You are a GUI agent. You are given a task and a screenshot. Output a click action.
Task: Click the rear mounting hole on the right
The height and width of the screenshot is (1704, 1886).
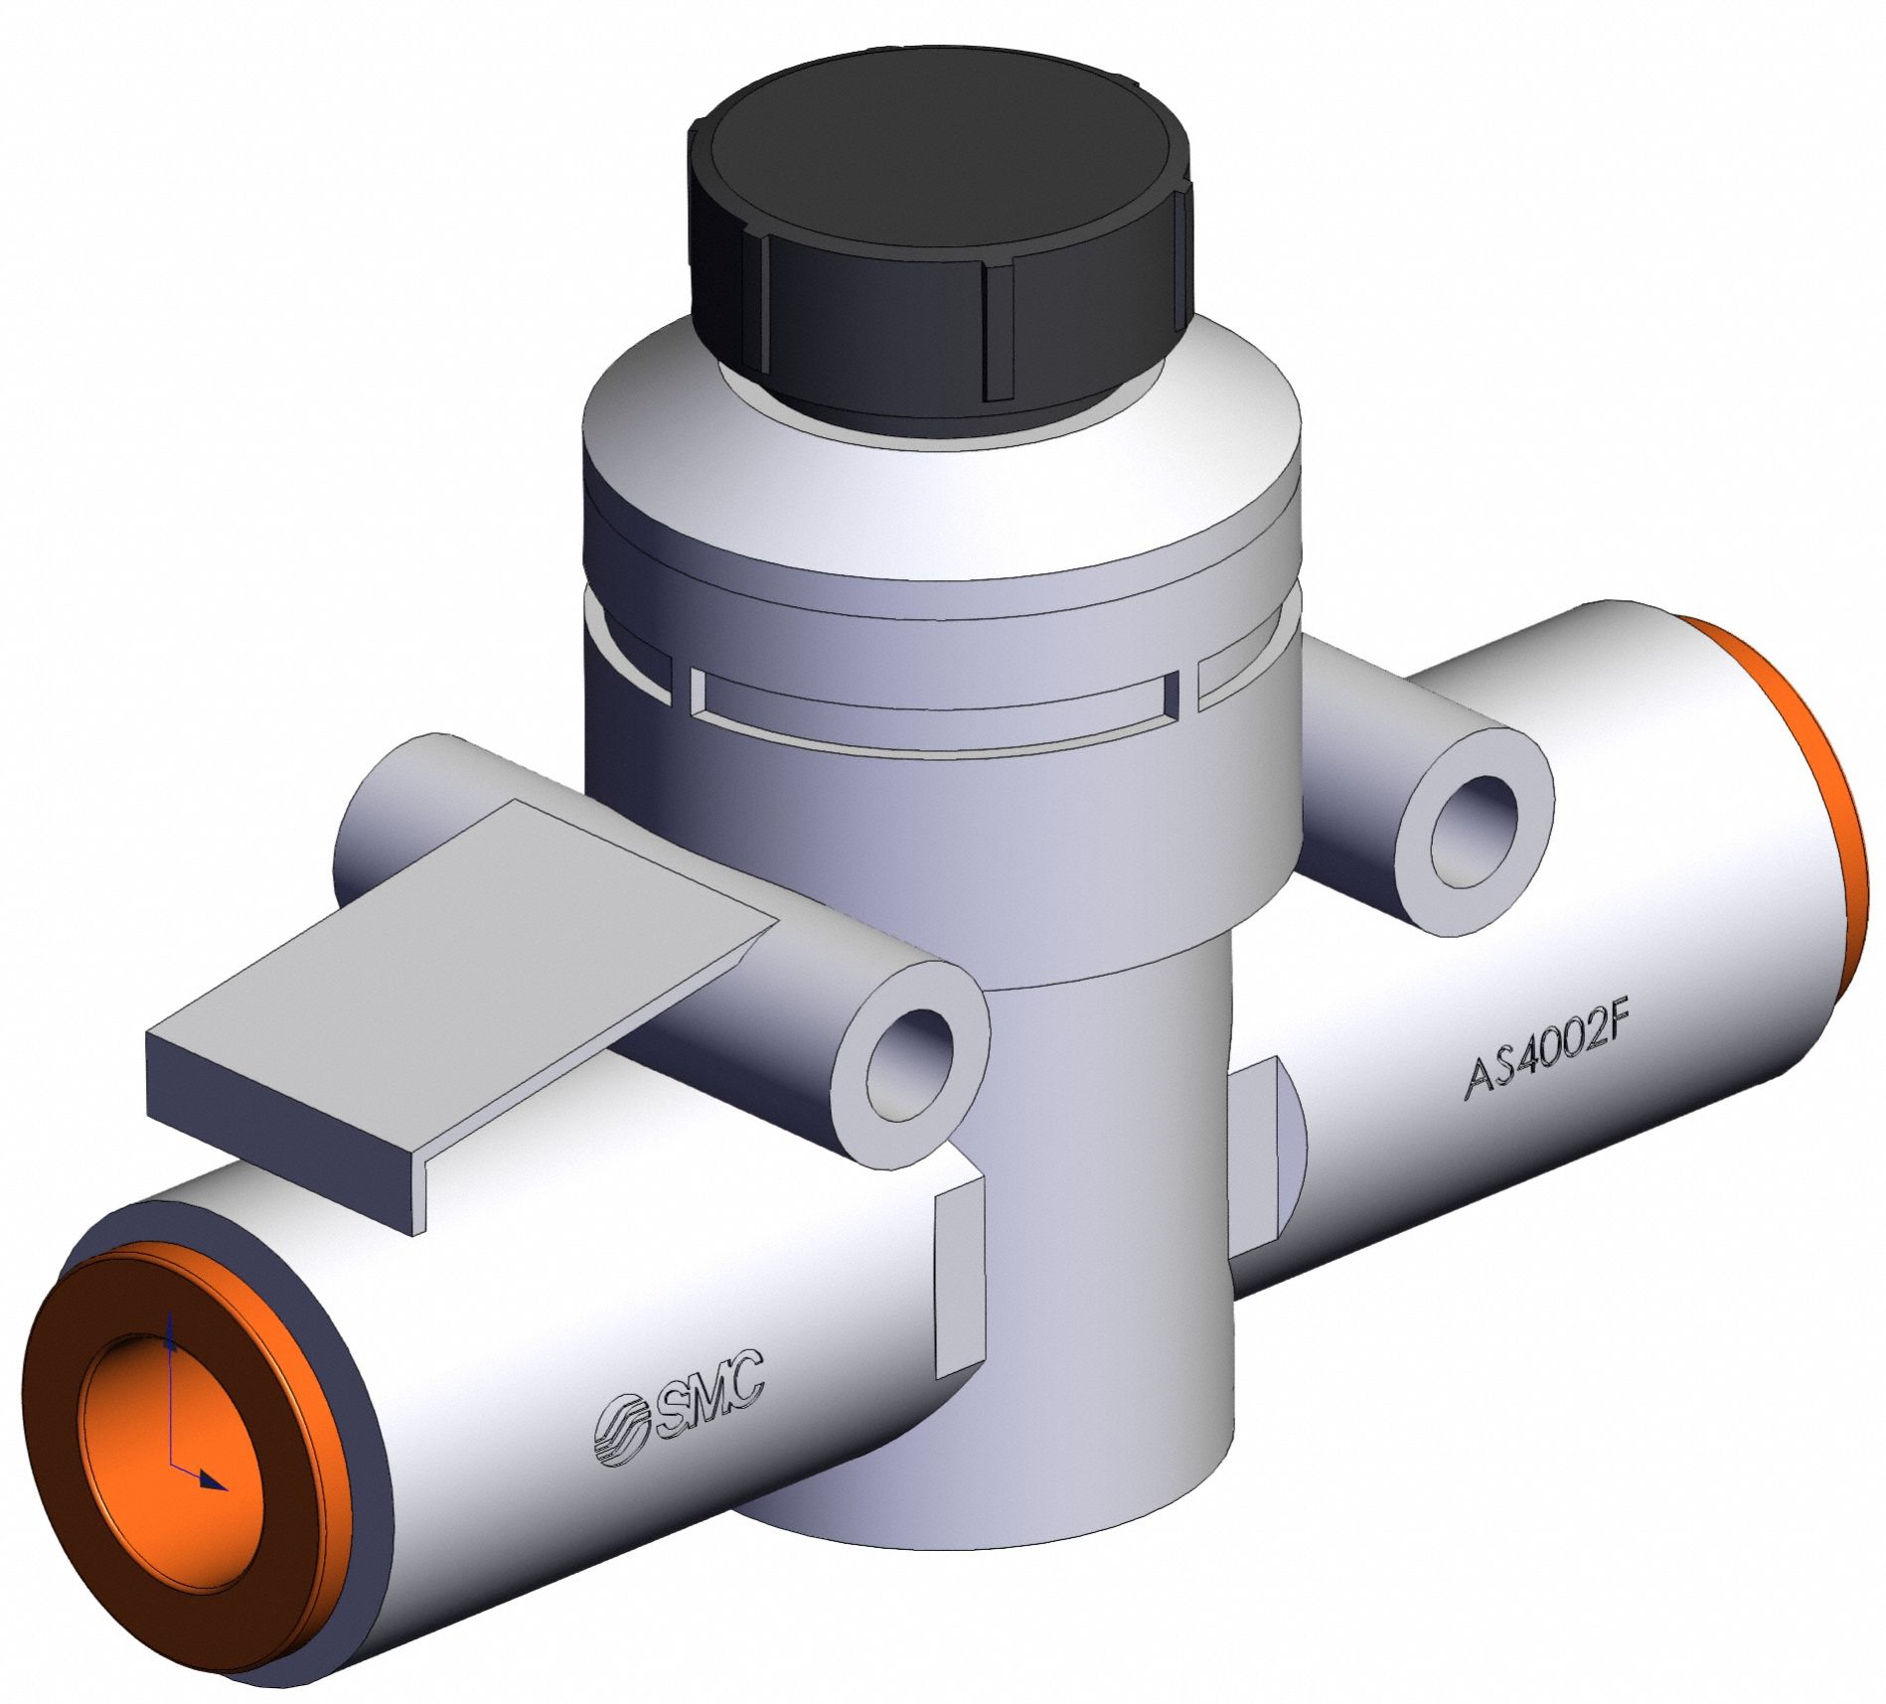click(x=1474, y=831)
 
